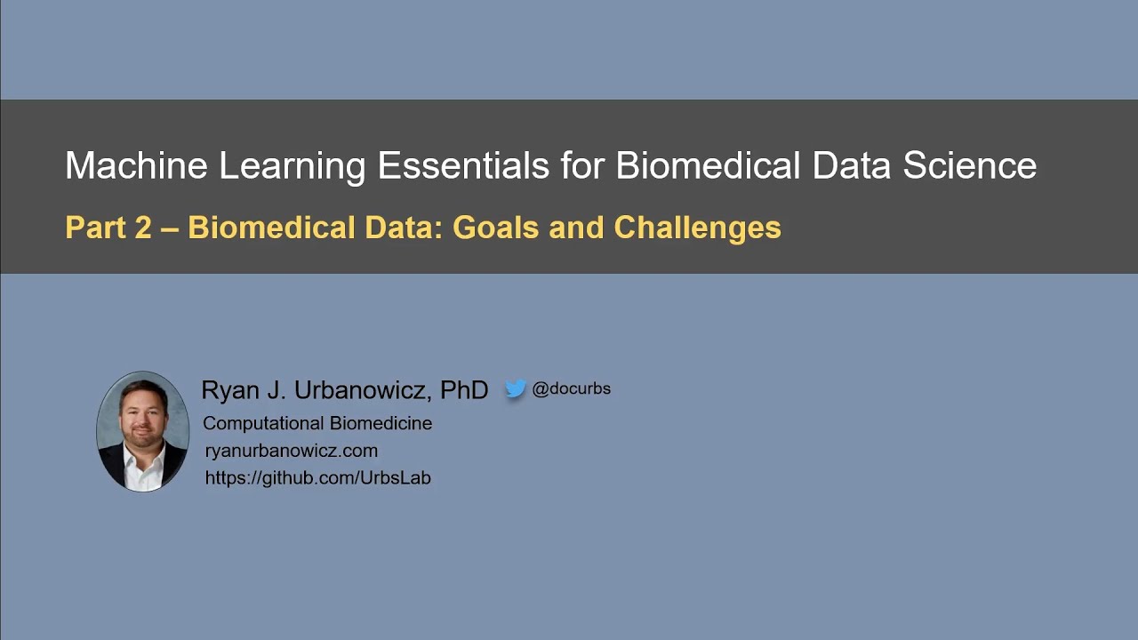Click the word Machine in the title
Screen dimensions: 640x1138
(134, 166)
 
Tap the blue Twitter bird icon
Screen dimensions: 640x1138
(516, 389)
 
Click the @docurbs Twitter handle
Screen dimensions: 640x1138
(571, 388)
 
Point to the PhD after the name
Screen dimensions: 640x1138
(464, 390)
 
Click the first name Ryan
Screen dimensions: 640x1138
(228, 391)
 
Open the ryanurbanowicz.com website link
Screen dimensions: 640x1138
(291, 451)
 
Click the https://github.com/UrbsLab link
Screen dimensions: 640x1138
(317, 478)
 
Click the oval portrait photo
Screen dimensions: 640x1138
(142, 432)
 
